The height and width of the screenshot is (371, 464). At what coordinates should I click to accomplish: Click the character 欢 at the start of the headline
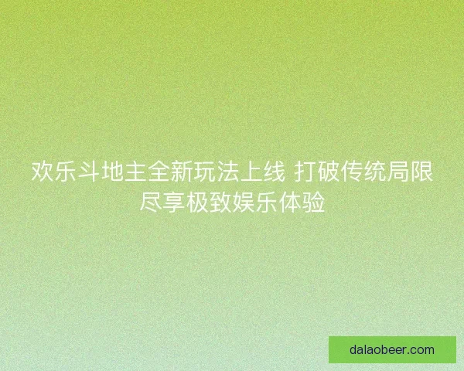[42, 172]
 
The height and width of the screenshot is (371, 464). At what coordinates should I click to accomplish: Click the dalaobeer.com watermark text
[392, 349]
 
